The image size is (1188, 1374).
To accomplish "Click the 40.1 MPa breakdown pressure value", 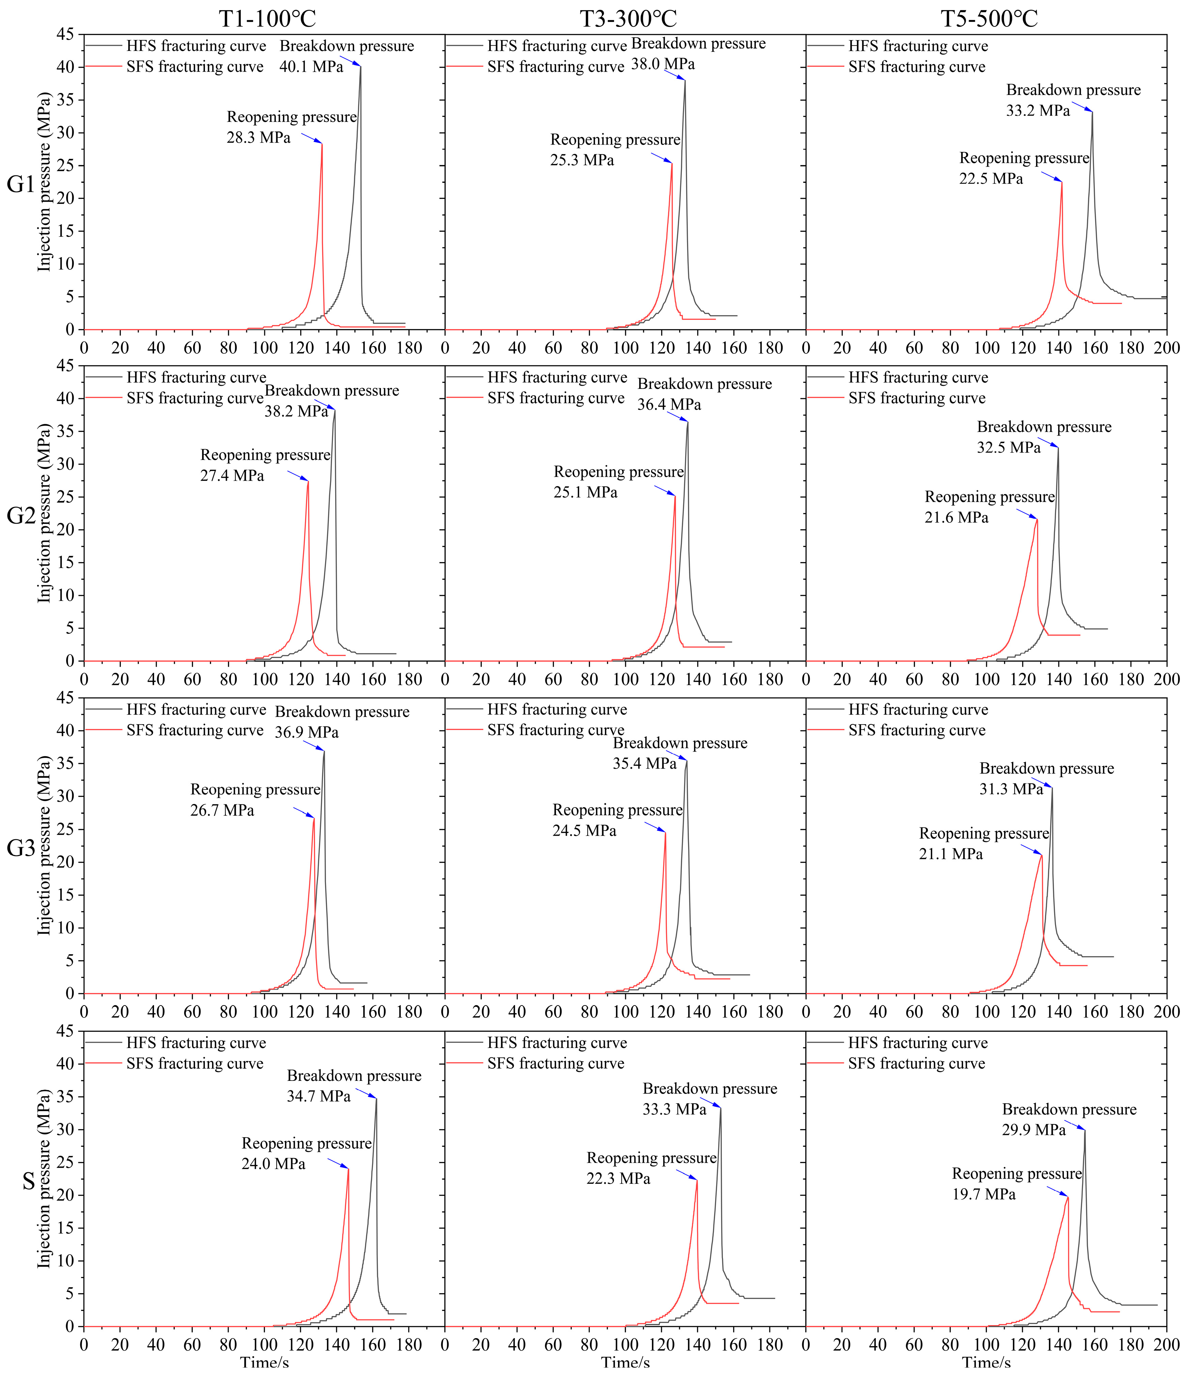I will pyautogui.click(x=311, y=67).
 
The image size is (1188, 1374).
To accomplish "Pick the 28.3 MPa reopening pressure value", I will pyautogui.click(x=258, y=138).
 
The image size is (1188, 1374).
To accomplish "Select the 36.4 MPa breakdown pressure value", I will pyautogui.click(x=669, y=404).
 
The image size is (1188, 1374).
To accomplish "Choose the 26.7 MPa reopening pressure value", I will pyautogui.click(x=222, y=810).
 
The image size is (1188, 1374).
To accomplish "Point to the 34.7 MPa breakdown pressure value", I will pyautogui.click(x=318, y=1096).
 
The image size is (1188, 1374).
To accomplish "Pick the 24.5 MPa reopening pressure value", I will pyautogui.click(x=584, y=831).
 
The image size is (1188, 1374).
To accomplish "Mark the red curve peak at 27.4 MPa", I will pyautogui.click(x=308, y=481).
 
